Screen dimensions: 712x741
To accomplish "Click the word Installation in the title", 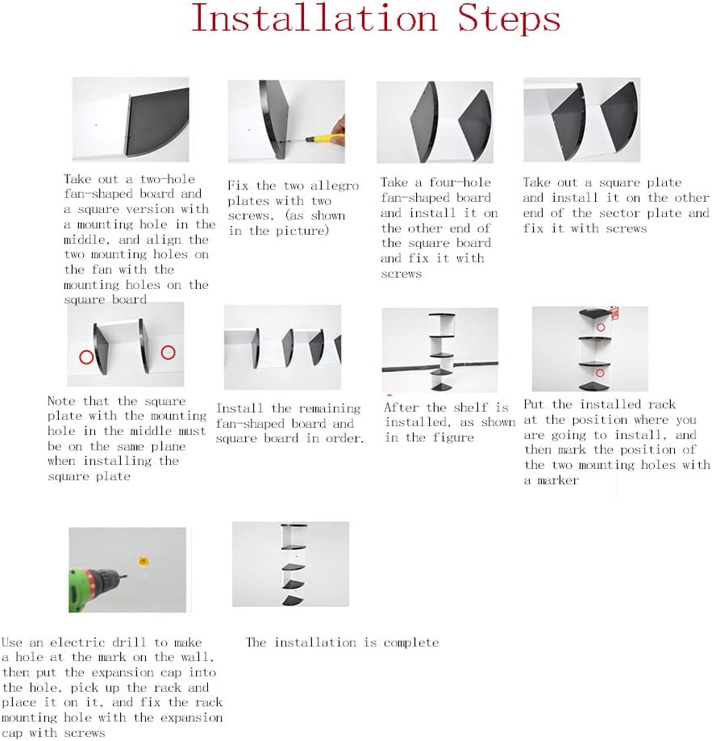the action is [x=314, y=18].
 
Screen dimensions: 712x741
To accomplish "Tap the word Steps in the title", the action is [x=509, y=19].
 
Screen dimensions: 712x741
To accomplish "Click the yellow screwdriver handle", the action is [x=325, y=138].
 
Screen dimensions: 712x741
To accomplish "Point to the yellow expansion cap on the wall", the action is [x=143, y=562].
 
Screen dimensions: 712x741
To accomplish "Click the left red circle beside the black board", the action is [x=86, y=357].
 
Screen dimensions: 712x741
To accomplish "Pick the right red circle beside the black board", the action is [x=168, y=353].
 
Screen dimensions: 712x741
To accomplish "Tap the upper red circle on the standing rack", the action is [x=601, y=327].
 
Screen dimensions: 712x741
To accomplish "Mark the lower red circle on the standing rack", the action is [x=600, y=373].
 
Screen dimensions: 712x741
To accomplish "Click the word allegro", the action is [x=335, y=186].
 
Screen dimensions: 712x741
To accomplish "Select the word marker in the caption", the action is [x=558, y=480].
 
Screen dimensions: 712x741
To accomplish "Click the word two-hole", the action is [x=168, y=179].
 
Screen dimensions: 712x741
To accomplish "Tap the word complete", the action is [x=411, y=643].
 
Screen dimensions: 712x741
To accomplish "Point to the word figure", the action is [x=453, y=437].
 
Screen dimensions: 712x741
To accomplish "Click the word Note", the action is [x=61, y=401].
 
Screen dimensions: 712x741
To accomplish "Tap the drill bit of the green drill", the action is [x=123, y=576].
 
